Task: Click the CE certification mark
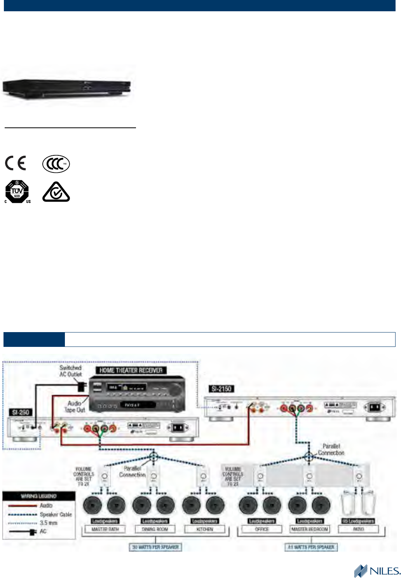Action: [x=16, y=163]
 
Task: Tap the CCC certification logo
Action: [x=56, y=164]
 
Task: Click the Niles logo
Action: [x=377, y=571]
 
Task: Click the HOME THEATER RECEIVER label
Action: [x=131, y=370]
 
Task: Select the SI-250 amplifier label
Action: [x=21, y=412]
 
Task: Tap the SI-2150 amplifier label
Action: [x=221, y=388]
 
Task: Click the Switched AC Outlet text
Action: [x=71, y=371]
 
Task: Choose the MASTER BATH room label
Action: [x=105, y=529]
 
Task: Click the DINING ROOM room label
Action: [x=155, y=529]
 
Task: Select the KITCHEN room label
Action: [x=205, y=529]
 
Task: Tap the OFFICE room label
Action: [x=262, y=529]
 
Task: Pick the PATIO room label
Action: [x=358, y=529]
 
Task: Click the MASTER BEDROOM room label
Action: [x=310, y=529]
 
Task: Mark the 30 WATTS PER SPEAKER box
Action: [x=155, y=547]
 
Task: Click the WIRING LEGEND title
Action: [x=39, y=496]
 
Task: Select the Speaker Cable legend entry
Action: [x=56, y=514]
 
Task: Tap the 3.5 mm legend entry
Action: [x=49, y=523]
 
